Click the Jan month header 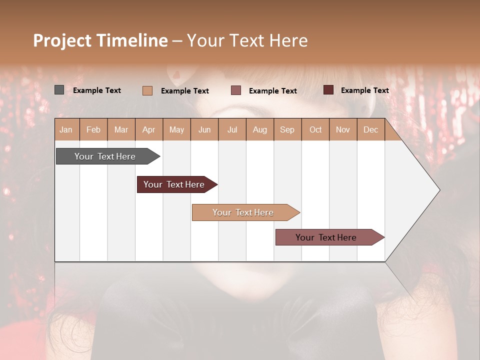(x=66, y=129)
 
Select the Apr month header (x=149, y=129)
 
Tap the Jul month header (x=232, y=129)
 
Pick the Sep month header (x=287, y=129)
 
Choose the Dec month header (x=370, y=129)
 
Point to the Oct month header (x=315, y=129)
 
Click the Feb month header (x=93, y=129)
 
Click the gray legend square (x=59, y=90)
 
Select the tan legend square (x=147, y=90)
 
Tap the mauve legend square (x=236, y=90)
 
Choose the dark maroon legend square (x=328, y=90)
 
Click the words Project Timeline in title (x=100, y=40)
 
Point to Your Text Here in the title (x=247, y=40)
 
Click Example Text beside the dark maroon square (x=364, y=90)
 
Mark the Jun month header (x=204, y=129)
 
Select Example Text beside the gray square (x=97, y=90)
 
